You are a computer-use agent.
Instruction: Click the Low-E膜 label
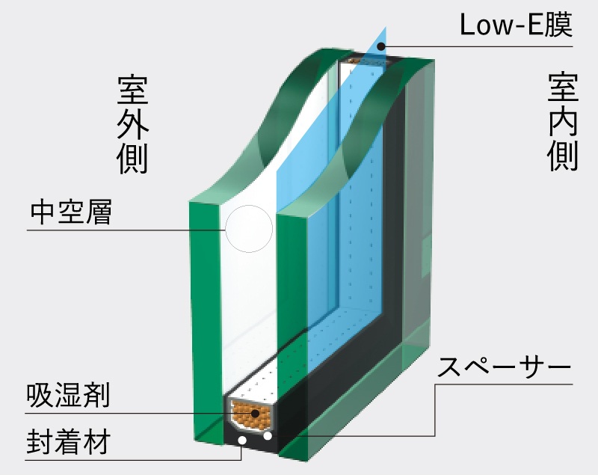pos(515,26)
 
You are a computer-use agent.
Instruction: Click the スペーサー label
pos(505,367)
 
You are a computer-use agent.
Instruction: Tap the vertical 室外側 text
pos(133,124)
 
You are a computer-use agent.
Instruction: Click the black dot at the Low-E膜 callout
pos(380,46)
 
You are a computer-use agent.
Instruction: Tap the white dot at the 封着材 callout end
pos(241,442)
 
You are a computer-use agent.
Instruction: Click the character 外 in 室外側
pos(133,124)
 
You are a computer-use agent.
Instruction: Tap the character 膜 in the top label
pos(557,26)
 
